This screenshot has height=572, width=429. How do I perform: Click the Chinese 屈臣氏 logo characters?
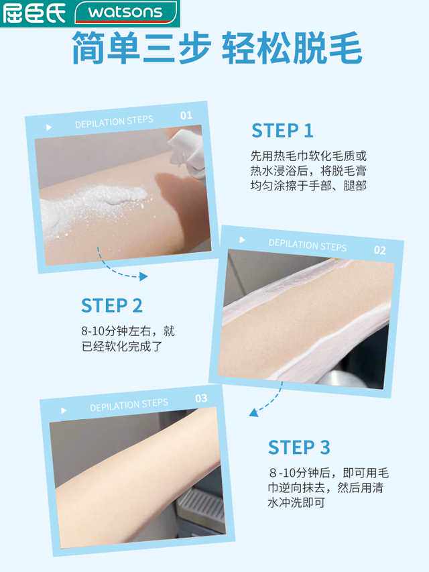pos(34,13)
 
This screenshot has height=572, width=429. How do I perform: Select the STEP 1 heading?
pos(282,131)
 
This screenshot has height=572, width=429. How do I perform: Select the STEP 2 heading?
pos(112,306)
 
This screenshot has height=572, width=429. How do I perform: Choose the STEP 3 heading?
pos(299,447)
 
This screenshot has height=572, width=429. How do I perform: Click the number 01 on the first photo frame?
pos(186,116)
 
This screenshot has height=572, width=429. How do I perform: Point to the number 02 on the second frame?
pos(379,250)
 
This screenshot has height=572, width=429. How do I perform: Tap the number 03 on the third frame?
pos(201,398)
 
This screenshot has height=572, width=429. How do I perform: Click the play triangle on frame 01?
pos(48,127)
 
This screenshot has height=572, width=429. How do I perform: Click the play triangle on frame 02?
pos(242,240)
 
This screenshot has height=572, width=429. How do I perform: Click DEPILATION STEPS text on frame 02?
pos(308,244)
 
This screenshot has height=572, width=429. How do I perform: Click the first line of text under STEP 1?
pos(309,155)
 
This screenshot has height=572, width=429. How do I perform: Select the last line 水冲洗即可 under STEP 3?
pos(296,502)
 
